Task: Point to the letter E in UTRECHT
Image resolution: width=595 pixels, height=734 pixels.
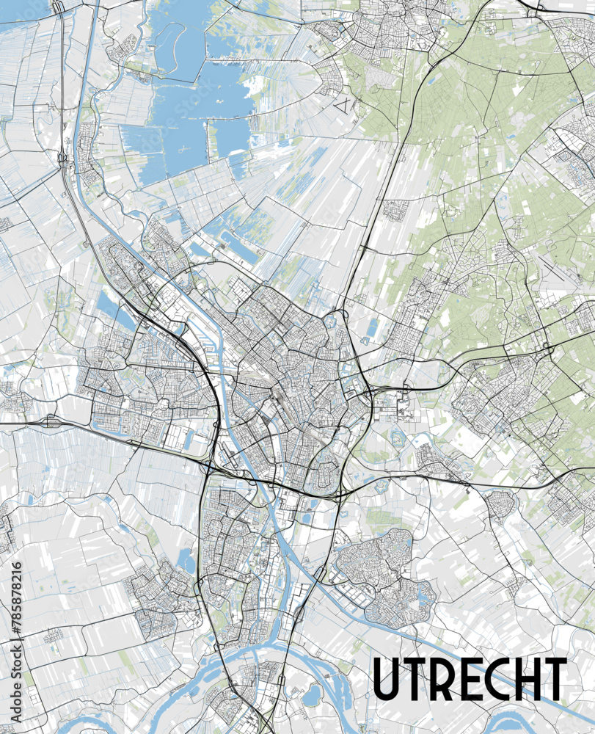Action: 470,679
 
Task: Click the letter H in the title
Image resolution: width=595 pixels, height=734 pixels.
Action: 526,679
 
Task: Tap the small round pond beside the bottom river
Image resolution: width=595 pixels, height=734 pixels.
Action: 311,693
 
